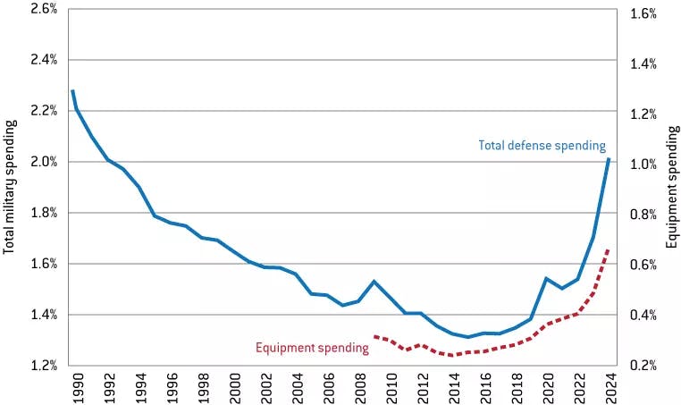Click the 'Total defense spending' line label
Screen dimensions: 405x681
(x=542, y=145)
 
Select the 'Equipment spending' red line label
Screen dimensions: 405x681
(x=312, y=347)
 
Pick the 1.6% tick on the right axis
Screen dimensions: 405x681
(x=643, y=13)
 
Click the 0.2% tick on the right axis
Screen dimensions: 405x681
(x=643, y=366)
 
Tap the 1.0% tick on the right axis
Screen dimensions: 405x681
(x=643, y=165)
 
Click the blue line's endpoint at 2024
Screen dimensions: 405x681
(x=609, y=158)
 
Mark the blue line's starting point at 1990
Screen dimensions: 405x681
(x=72, y=90)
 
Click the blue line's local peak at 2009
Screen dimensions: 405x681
(x=373, y=282)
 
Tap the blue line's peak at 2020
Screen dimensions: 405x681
(x=546, y=278)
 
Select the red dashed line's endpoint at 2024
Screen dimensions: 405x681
(x=609, y=249)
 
